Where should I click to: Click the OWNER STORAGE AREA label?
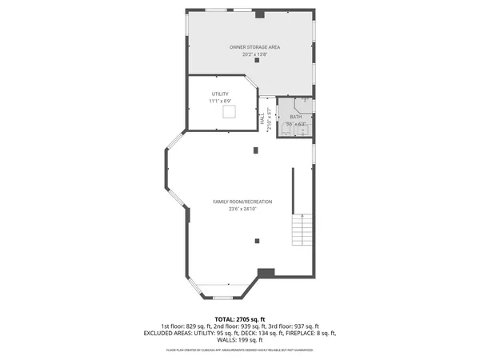[254, 47]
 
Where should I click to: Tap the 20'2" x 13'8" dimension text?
[254, 54]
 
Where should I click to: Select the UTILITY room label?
[220, 94]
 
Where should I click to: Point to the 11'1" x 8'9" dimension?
[220, 102]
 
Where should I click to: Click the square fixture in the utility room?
[228, 114]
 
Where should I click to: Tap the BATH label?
[295, 117]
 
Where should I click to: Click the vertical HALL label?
[262, 118]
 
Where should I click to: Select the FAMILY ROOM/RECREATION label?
[242, 201]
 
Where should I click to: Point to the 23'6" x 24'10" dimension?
[242, 209]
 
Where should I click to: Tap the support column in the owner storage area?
[257, 61]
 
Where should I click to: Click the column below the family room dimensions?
[257, 240]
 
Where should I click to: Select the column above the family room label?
[256, 149]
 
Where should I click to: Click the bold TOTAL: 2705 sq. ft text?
[240, 319]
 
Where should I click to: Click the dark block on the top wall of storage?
[259, 14]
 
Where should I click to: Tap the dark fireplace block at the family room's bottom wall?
[266, 274]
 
